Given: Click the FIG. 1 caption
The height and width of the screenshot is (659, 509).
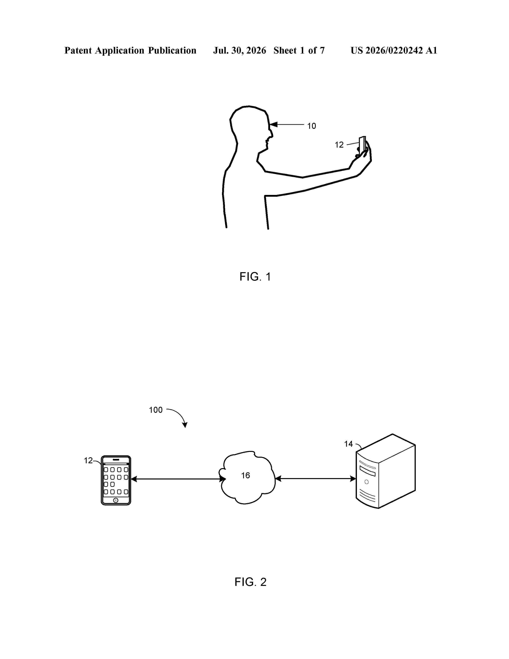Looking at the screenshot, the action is [x=255, y=277].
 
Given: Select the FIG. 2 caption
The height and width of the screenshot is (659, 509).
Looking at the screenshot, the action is [x=251, y=582].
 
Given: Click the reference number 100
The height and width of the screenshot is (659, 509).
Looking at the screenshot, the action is [x=156, y=410].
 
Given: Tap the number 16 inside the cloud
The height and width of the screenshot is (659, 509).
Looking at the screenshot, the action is [x=246, y=475].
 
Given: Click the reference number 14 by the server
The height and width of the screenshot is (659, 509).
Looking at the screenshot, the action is [x=349, y=444].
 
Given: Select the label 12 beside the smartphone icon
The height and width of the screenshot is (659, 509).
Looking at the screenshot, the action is [x=88, y=461].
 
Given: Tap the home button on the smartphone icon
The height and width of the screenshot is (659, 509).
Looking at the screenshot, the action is [x=116, y=500].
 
